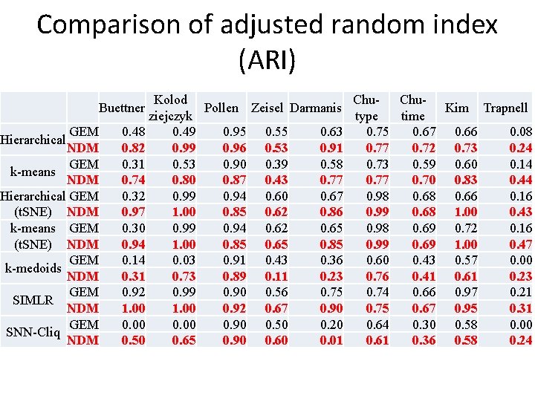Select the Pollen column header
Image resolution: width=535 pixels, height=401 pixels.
click(x=221, y=108)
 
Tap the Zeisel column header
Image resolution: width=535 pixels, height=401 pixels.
click(x=267, y=108)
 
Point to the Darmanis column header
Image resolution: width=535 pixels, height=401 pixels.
click(x=316, y=108)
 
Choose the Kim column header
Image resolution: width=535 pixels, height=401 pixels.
click(x=456, y=108)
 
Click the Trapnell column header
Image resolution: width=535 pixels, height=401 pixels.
click(x=505, y=108)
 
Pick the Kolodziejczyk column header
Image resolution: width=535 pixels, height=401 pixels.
click(x=170, y=108)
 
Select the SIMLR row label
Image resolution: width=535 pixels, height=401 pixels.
click(x=33, y=301)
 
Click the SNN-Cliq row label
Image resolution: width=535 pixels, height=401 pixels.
click(x=34, y=332)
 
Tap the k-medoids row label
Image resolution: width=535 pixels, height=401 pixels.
click(x=33, y=268)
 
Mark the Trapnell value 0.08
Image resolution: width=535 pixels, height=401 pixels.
click(x=519, y=132)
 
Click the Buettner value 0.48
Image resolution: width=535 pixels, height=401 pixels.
click(x=132, y=132)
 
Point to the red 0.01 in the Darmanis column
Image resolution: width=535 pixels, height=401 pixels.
click(x=330, y=340)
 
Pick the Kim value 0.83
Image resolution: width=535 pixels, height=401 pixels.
click(x=465, y=180)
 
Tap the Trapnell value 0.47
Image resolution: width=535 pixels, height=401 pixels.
click(x=519, y=244)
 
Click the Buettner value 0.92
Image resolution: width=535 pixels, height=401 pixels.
click(x=132, y=293)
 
